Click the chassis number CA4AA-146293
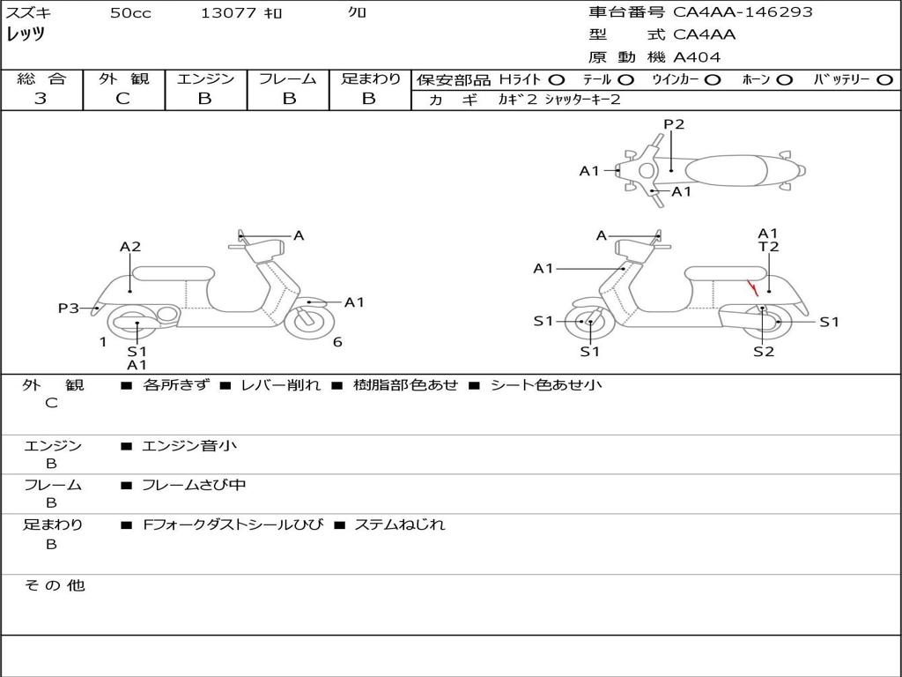(x=743, y=11)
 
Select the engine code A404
(x=697, y=57)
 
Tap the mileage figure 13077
(x=228, y=12)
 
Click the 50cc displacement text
(x=130, y=12)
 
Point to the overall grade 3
(x=41, y=98)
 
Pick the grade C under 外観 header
(x=122, y=98)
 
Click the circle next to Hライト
(x=557, y=80)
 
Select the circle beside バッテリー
(x=884, y=80)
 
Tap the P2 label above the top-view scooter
(x=674, y=124)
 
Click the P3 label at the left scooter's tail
(x=69, y=308)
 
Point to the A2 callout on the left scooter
(x=130, y=247)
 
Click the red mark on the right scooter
(x=752, y=288)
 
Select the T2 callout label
(x=768, y=247)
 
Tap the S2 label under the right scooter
(x=764, y=351)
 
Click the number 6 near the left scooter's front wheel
(x=337, y=342)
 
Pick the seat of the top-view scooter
(x=726, y=171)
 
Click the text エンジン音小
(x=189, y=445)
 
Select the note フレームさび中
(x=194, y=485)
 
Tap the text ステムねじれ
(x=400, y=524)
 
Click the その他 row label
(x=55, y=585)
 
